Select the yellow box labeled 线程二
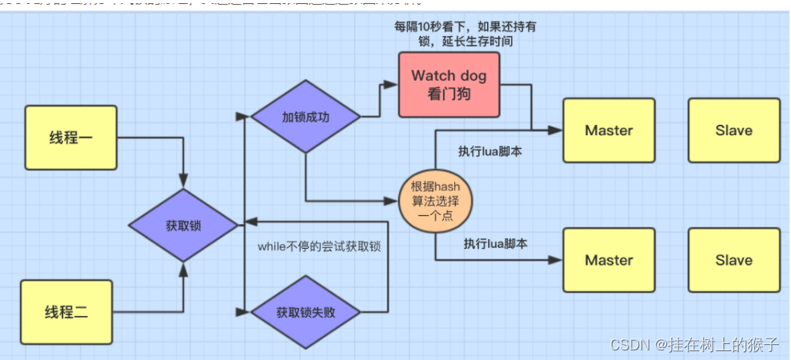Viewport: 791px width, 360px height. [66, 311]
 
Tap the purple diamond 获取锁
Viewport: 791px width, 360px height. [185, 226]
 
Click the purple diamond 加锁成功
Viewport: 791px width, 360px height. [306, 117]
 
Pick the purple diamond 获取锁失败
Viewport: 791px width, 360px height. [306, 312]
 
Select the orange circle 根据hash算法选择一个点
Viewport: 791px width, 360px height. [436, 201]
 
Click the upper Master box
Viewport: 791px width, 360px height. [609, 130]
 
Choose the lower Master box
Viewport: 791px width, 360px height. [609, 260]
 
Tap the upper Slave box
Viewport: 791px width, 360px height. [733, 130]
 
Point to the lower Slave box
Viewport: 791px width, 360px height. [733, 260]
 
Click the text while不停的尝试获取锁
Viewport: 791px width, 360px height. [318, 246]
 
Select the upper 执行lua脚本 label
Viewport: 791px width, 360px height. [489, 150]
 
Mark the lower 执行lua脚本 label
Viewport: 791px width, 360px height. [495, 243]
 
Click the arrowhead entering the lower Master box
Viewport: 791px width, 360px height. [557, 260]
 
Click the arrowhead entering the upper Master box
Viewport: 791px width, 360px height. [557, 130]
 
